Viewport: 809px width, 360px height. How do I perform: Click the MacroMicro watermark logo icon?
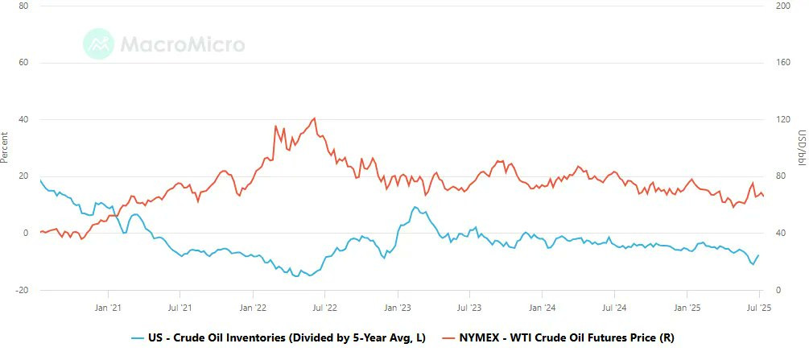tap(98, 44)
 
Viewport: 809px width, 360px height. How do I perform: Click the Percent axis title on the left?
tap(5, 147)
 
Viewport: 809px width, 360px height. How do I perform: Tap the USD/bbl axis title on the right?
tap(803, 147)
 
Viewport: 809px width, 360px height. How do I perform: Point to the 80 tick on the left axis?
tap(23, 6)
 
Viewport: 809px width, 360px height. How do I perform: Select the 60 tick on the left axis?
tap(23, 63)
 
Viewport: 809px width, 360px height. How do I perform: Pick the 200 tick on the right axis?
tap(783, 6)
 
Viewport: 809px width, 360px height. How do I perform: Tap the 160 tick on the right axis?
tap(783, 63)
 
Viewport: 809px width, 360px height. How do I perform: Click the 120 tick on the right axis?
tap(783, 120)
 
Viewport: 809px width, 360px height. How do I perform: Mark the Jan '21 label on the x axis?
tap(109, 308)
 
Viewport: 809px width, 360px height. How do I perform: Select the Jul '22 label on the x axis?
tap(325, 308)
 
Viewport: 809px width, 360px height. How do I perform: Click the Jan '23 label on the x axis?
tap(398, 308)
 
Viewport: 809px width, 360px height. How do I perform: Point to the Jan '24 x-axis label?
tap(543, 308)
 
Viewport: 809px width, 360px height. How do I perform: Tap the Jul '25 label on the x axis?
tap(760, 308)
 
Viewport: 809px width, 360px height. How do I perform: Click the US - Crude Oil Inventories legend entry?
tap(278, 338)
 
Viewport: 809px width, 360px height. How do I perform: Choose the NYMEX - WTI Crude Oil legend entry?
tap(559, 338)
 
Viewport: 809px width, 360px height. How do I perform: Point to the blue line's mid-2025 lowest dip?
tap(753, 264)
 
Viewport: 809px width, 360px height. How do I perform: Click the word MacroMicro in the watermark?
tap(183, 44)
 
